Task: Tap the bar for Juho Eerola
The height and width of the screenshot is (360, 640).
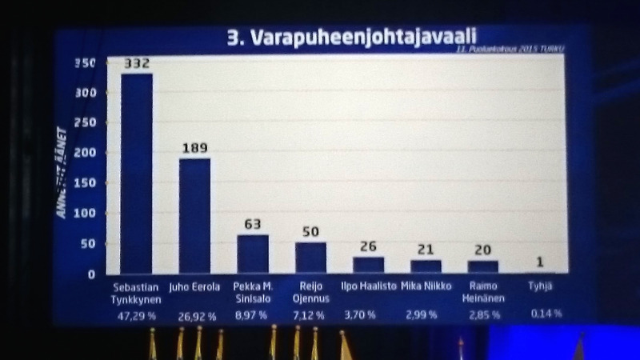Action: [x=194, y=216]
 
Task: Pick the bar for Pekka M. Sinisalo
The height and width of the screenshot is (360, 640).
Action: [x=253, y=254]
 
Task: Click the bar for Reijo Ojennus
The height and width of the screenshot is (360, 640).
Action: [x=311, y=258]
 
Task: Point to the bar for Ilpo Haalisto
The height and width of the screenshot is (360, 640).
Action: [x=369, y=265]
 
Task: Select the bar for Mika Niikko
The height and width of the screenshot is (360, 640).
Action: [x=426, y=266]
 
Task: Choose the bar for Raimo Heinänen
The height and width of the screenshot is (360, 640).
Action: [x=483, y=266]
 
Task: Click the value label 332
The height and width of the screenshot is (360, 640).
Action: [x=137, y=63]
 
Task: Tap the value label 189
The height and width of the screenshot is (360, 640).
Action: [x=194, y=148]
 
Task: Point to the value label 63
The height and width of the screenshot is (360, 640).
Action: [x=253, y=224]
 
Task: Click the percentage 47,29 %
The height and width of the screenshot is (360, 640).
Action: [x=137, y=316]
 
